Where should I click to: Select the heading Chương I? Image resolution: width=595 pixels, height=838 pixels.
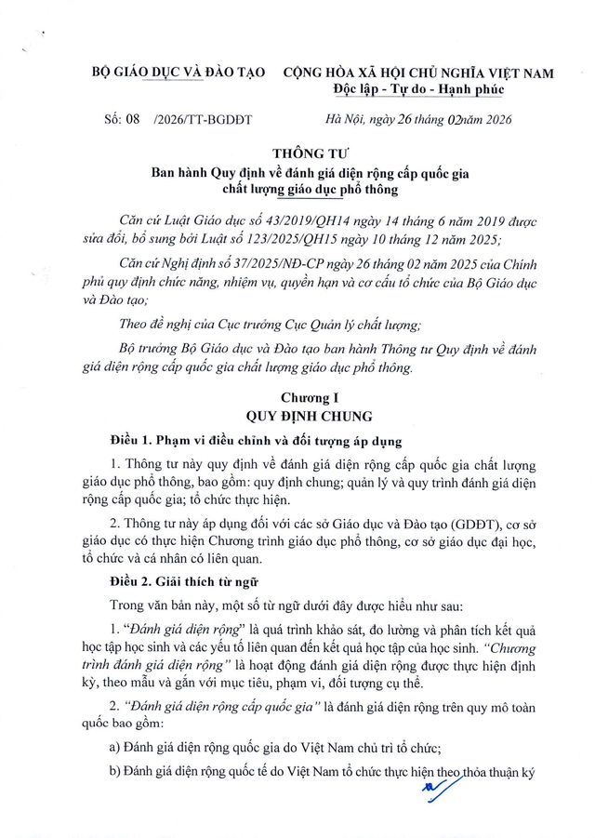click(308, 398)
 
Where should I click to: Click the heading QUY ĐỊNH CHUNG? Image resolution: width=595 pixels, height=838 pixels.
click(308, 416)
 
